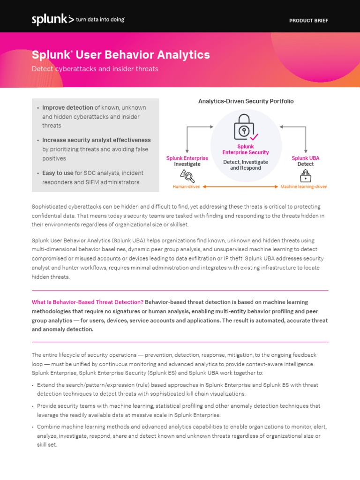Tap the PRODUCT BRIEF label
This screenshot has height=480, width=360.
point(308,21)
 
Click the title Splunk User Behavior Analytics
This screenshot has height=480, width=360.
point(121,55)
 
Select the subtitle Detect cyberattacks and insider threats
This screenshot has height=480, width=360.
point(95,69)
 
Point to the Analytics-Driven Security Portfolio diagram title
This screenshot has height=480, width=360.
point(246,101)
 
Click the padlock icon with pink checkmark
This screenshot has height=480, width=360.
point(245,127)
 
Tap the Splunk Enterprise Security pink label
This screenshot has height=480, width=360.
point(246,150)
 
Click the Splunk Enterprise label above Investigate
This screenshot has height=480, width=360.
point(187,158)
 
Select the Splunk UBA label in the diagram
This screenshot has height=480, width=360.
point(306,158)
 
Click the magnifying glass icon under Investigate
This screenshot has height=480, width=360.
point(187,175)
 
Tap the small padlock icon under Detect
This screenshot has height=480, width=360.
point(306,176)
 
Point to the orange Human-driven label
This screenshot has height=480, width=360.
point(186,187)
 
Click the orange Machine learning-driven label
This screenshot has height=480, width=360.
point(304,187)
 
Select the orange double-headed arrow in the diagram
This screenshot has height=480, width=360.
point(240,187)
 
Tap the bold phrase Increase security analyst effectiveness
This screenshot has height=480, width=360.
point(97,140)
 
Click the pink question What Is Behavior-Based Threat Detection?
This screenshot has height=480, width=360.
point(88,302)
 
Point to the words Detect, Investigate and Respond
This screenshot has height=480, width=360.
point(246,165)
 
